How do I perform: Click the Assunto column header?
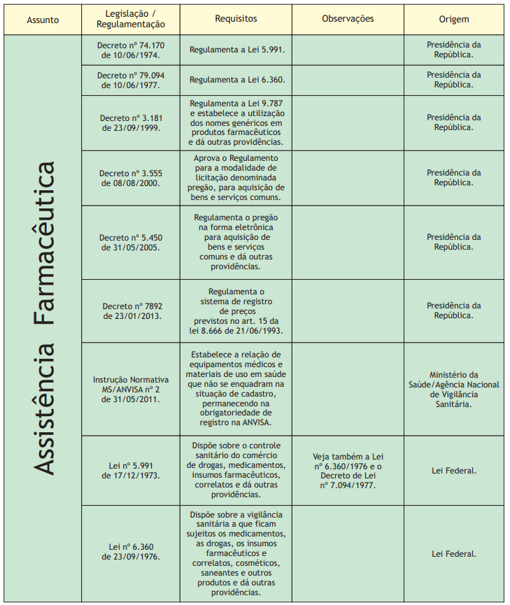click(x=43, y=20)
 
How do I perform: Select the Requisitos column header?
click(x=236, y=20)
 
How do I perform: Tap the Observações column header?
click(x=348, y=20)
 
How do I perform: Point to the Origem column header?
click(x=454, y=20)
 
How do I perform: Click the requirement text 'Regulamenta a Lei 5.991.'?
click(x=236, y=50)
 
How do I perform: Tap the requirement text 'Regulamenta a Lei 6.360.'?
click(x=236, y=80)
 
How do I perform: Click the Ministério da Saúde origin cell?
click(x=454, y=390)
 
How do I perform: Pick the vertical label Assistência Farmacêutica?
click(x=44, y=318)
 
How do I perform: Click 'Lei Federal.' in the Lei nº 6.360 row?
click(x=454, y=553)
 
